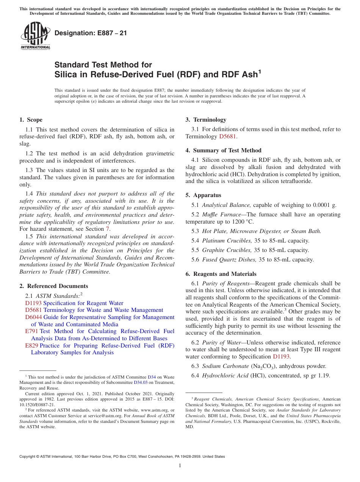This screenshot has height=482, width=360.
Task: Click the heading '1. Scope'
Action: [31, 120]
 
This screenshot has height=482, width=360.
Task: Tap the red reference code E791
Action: [31, 331]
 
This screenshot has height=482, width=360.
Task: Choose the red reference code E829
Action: [31, 346]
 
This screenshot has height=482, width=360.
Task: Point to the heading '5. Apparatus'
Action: [203, 196]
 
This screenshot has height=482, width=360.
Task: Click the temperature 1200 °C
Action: [244, 222]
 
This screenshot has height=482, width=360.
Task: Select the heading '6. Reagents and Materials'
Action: [221, 274]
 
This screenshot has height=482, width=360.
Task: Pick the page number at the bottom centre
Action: [180, 465]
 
